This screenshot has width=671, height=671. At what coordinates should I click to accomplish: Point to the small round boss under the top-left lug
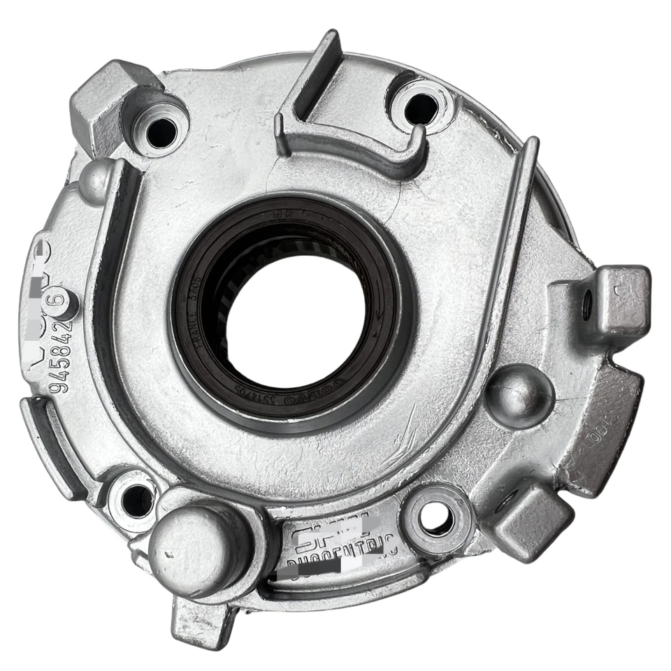[x=94, y=181]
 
